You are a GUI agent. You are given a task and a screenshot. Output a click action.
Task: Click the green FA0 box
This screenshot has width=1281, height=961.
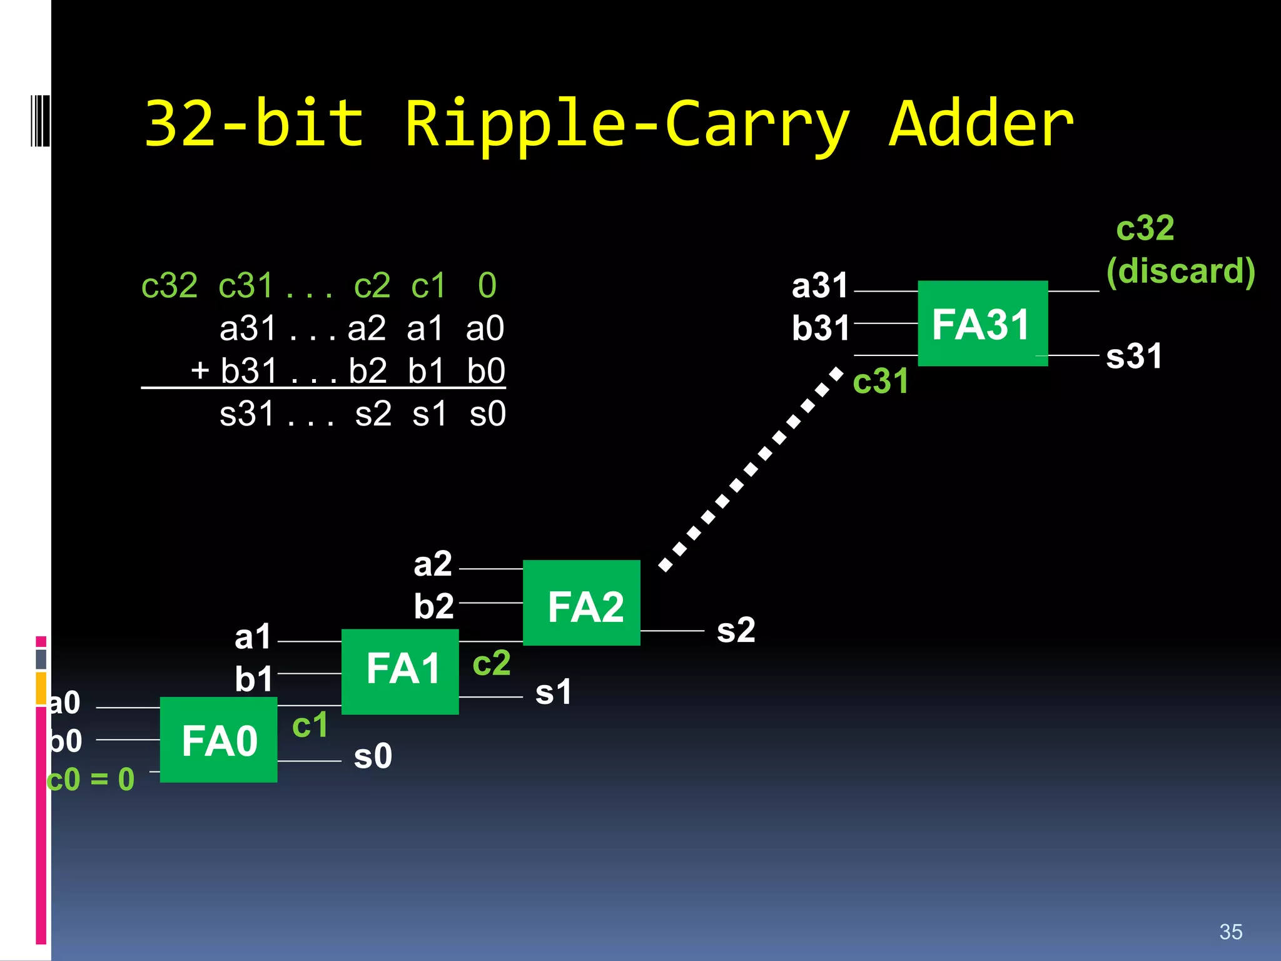[x=218, y=740]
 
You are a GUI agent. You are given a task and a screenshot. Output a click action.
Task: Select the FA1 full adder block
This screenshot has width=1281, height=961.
[x=400, y=671]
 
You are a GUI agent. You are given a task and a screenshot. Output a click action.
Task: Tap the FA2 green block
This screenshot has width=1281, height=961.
[x=582, y=603]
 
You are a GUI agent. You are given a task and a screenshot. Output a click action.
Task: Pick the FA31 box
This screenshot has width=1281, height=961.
[x=983, y=323]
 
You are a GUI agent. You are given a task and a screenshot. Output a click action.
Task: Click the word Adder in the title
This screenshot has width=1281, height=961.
[x=981, y=125]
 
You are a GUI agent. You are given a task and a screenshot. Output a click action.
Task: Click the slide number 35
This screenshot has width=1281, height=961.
[x=1230, y=932]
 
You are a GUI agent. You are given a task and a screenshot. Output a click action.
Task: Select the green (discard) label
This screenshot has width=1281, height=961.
[x=1180, y=271]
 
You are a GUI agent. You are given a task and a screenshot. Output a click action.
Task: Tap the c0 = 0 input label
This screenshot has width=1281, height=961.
[x=91, y=780]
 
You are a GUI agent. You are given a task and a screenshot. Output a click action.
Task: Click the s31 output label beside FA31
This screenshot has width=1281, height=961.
[x=1133, y=356]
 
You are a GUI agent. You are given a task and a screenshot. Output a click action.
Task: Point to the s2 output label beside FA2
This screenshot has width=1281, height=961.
[x=736, y=630]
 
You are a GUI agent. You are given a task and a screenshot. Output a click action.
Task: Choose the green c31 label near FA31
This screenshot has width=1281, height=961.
[x=880, y=381]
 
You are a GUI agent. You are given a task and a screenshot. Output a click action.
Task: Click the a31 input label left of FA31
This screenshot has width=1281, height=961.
[x=819, y=286]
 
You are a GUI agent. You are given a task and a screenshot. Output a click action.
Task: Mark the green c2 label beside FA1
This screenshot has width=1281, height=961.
[x=492, y=663]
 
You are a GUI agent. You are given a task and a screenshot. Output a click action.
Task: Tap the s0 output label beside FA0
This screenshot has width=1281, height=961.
[x=373, y=756]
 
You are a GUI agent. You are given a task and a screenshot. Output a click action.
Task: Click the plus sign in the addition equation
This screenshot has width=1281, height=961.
[x=200, y=370]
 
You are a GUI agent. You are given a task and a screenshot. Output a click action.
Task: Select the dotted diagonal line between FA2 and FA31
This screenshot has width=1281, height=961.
[x=751, y=469]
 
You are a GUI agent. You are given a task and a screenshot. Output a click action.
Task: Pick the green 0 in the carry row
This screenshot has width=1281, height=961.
[x=487, y=286]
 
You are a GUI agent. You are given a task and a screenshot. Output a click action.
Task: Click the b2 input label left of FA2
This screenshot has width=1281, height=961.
[x=433, y=606]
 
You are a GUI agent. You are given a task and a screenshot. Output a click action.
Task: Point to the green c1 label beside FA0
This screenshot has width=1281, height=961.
[x=310, y=725]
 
